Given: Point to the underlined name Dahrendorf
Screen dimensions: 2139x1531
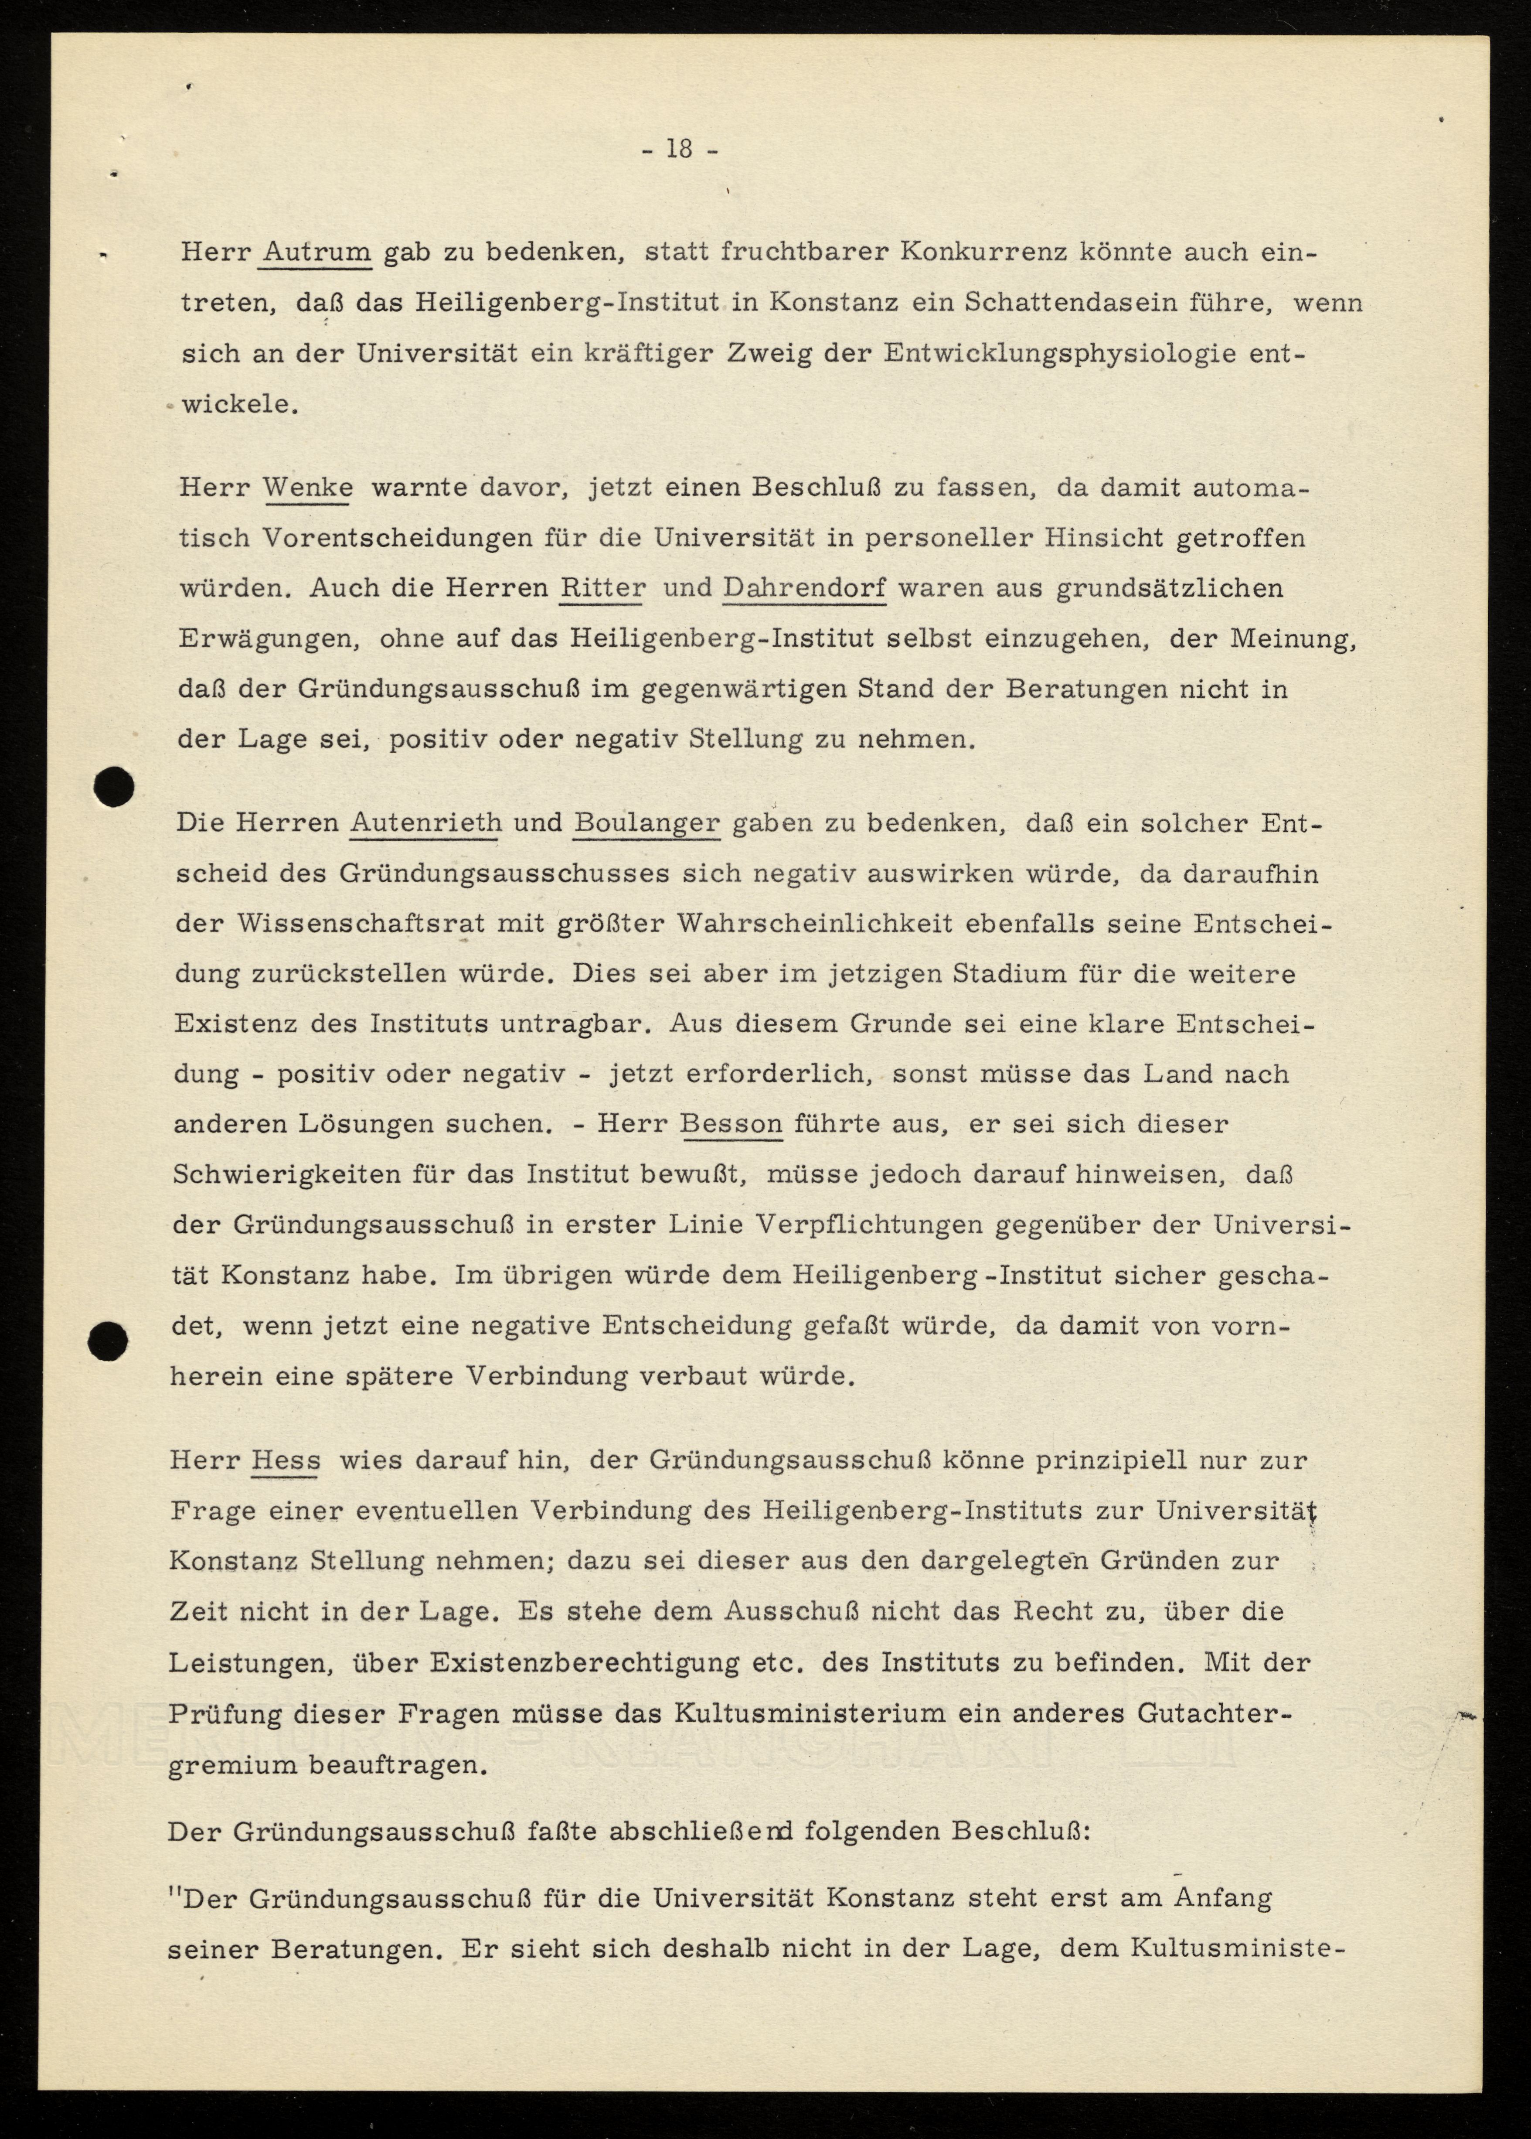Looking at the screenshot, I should (x=804, y=587).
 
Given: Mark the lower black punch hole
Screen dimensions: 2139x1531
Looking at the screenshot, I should (x=108, y=1339).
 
